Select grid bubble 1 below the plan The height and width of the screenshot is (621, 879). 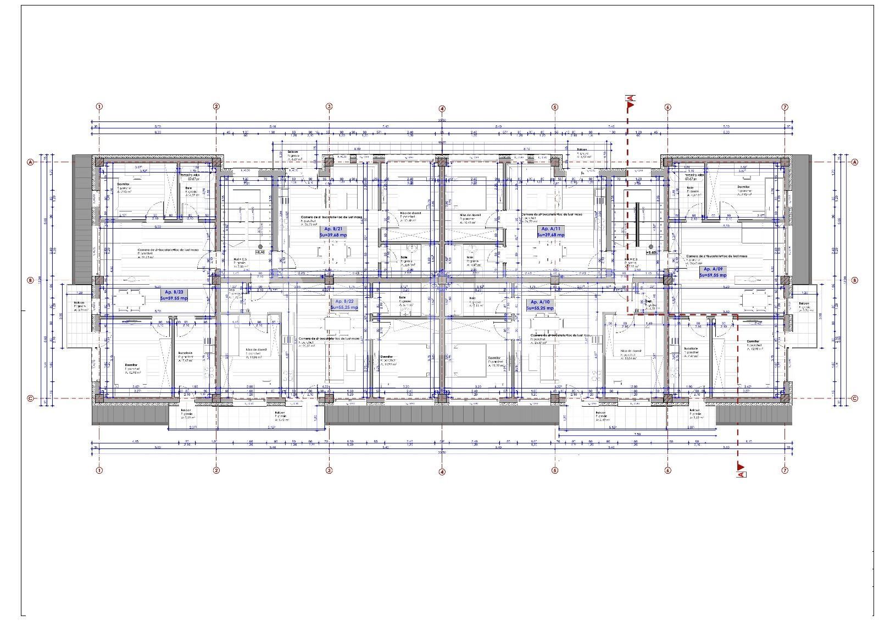click(x=99, y=470)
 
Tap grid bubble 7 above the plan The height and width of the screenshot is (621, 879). click(x=785, y=107)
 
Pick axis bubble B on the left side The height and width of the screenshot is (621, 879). click(x=30, y=280)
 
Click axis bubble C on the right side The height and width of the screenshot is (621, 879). click(x=854, y=399)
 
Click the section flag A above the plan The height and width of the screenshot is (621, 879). click(x=631, y=99)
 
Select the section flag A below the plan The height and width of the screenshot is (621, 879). click(x=741, y=474)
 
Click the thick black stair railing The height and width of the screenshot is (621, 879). click(x=637, y=225)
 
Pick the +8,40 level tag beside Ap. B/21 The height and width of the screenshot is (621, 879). click(x=260, y=252)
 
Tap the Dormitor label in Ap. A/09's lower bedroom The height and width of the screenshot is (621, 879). click(x=753, y=342)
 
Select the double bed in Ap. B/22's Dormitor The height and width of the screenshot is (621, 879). click(x=412, y=363)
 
